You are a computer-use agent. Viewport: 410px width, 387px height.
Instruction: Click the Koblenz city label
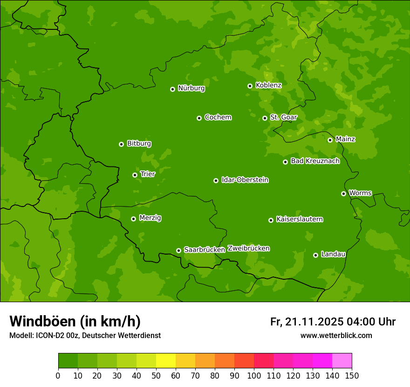coord(268,85)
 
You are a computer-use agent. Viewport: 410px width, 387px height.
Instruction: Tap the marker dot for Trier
coord(135,175)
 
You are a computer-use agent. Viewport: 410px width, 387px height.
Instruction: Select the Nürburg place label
coord(191,88)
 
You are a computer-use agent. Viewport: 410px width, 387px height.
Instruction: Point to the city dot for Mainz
coord(330,140)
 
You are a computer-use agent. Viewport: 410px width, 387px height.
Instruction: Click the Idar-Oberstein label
coord(245,180)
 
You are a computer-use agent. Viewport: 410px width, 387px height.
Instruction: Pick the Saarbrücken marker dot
coord(178,250)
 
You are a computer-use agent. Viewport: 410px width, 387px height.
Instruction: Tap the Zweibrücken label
coord(248,249)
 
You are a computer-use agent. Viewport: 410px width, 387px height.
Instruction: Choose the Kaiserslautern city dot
coord(271,220)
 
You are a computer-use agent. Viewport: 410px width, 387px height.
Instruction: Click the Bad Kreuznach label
coord(315,161)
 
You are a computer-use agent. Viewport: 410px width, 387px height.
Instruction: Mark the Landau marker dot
coord(315,255)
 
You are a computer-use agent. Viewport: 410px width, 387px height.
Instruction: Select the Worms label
coord(360,193)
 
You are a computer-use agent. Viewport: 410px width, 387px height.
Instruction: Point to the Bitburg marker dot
coord(121,144)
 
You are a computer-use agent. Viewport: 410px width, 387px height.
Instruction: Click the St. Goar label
coord(283,117)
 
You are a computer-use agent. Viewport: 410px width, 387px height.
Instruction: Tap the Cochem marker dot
coord(199,118)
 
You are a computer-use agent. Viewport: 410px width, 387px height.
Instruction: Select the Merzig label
coord(150,218)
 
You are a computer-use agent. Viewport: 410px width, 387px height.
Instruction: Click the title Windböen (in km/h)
coord(75,321)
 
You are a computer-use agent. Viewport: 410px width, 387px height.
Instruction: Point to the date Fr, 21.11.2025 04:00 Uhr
coord(333,322)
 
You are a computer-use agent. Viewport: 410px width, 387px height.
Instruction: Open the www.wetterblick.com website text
coord(336,335)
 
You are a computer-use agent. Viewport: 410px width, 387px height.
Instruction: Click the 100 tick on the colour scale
coord(254,375)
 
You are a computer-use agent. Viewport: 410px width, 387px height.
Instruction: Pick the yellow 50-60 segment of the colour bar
coord(166,361)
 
